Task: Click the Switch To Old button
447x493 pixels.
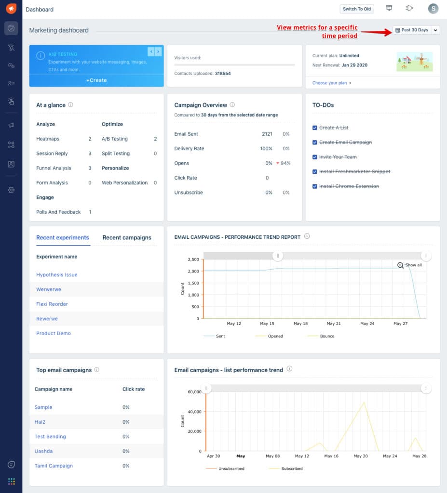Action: (357, 9)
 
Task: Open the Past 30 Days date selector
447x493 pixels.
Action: (411, 30)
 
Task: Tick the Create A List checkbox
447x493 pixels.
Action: (315, 128)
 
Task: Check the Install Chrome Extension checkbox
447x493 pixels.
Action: (315, 186)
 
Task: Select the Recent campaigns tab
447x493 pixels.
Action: (127, 237)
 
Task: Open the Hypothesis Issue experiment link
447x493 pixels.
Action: (57, 275)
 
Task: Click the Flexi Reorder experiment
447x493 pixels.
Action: (52, 304)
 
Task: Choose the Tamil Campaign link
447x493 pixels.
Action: (54, 466)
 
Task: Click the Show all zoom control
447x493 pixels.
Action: (410, 265)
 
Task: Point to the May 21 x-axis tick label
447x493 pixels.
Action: (334, 324)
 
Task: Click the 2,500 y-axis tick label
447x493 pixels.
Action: (193, 259)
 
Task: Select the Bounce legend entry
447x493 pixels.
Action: (327, 336)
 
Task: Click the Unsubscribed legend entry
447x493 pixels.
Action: (231, 468)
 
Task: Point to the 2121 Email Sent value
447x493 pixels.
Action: (267, 134)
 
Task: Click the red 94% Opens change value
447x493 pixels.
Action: (284, 163)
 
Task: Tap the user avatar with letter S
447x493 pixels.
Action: (433, 9)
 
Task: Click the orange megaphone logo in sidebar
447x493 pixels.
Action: (11, 9)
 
